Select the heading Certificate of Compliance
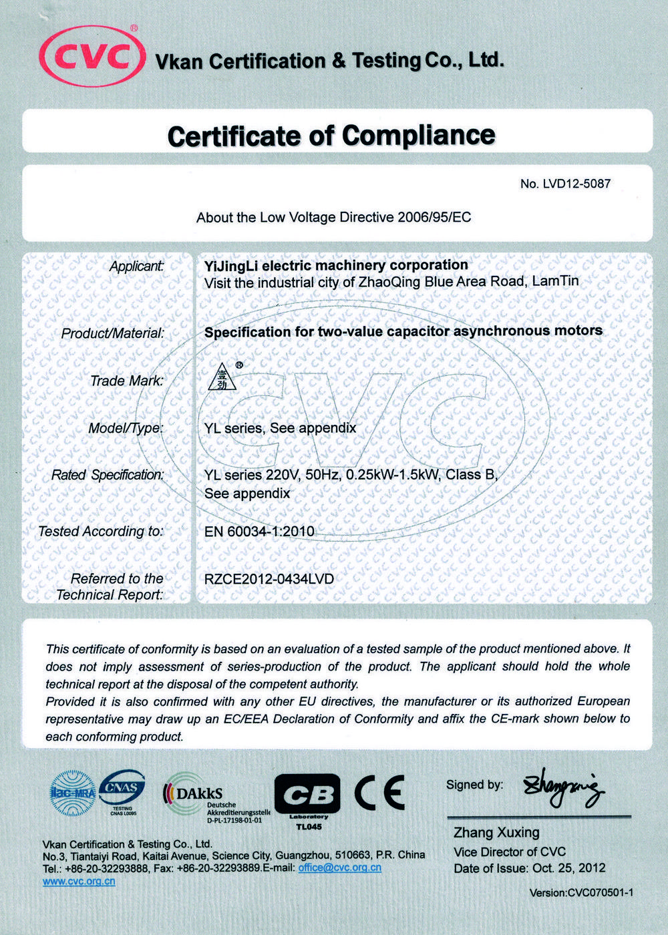click(331, 136)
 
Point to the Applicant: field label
click(137, 266)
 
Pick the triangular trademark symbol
click(221, 377)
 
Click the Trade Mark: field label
click(127, 381)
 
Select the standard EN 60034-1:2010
click(259, 532)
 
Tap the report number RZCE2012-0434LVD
click(269, 579)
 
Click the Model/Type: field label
click(126, 428)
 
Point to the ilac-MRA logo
click(73, 793)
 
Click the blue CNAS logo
click(123, 790)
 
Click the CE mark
click(379, 793)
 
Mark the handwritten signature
click(564, 789)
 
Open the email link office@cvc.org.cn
click(340, 868)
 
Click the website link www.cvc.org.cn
click(79, 881)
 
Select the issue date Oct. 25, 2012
click(569, 868)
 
